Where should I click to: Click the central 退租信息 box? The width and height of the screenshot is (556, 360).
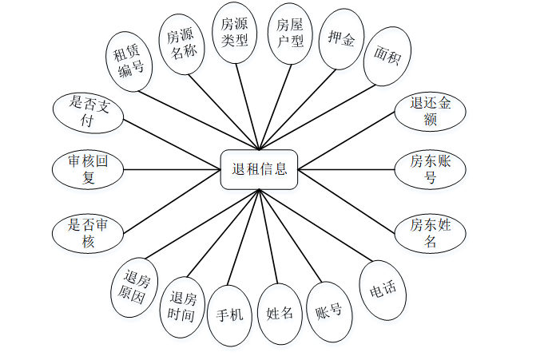point(260,169)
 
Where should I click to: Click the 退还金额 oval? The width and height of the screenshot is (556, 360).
point(430,111)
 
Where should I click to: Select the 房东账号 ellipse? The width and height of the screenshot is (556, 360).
point(430,169)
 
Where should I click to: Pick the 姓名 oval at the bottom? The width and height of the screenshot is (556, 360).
point(280,313)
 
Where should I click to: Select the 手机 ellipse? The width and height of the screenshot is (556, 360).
point(230,315)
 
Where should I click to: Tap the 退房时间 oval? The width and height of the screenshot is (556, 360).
point(183,307)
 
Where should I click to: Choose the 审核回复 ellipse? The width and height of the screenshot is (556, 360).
point(88,169)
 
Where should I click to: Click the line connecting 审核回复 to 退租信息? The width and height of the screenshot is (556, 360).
point(172,169)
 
